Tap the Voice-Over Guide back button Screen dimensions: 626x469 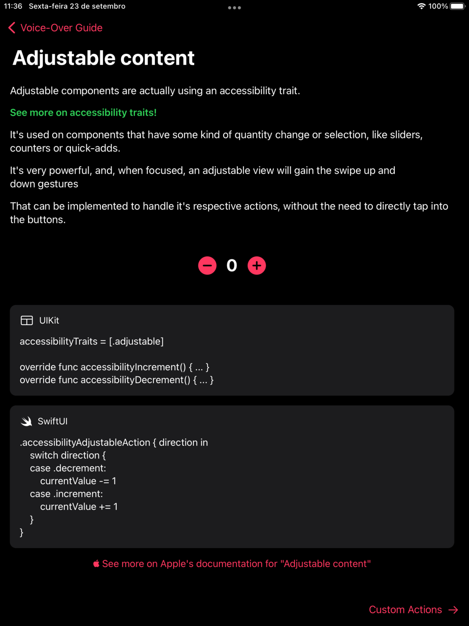pyautogui.click(x=55, y=28)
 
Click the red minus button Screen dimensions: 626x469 pyautogui.click(x=207, y=266)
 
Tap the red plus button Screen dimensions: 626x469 pyautogui.click(x=257, y=266)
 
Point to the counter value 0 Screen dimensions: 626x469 pyautogui.click(x=232, y=266)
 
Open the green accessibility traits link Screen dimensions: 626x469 pyautogui.click(x=83, y=113)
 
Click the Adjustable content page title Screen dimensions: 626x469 pyautogui.click(x=103, y=58)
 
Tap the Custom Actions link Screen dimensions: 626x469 pyautogui.click(x=405, y=610)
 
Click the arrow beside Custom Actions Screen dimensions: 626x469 pyautogui.click(x=453, y=610)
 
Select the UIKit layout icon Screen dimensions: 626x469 pyautogui.click(x=27, y=321)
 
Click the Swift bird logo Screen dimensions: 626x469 pyautogui.click(x=26, y=421)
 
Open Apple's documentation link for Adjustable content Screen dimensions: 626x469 pyautogui.click(x=236, y=564)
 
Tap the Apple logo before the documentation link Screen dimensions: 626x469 pyautogui.click(x=96, y=564)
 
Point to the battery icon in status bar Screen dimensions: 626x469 pyautogui.click(x=457, y=6)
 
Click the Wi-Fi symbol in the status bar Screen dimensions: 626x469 pyautogui.click(x=421, y=6)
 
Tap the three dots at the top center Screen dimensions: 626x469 pyautogui.click(x=234, y=8)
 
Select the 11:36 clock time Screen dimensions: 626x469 pyautogui.click(x=13, y=6)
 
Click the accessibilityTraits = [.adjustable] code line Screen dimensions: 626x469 pyautogui.click(x=91, y=341)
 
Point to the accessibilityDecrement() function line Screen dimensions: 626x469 pyautogui.click(x=116, y=380)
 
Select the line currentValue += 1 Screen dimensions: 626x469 pyautogui.click(x=79, y=506)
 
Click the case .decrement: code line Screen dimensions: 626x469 pyautogui.click(x=68, y=468)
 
